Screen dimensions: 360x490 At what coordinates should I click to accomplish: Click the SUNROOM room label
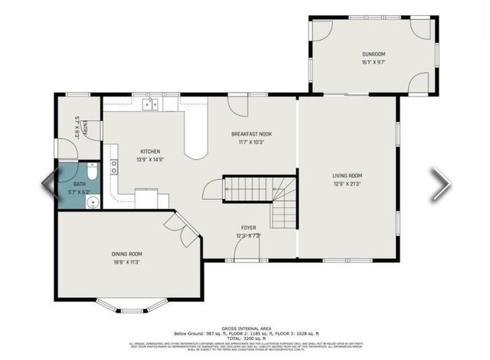(x=374, y=54)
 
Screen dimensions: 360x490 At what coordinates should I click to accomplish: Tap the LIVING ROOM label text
(x=347, y=175)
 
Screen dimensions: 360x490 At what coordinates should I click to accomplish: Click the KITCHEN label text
(x=149, y=152)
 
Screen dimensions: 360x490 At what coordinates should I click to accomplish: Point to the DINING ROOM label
(x=127, y=254)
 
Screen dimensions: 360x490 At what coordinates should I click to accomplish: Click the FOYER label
(x=249, y=227)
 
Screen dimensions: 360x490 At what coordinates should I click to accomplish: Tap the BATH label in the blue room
(x=80, y=185)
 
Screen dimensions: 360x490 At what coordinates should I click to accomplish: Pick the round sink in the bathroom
(x=92, y=202)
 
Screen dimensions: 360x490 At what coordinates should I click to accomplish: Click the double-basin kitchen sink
(x=154, y=104)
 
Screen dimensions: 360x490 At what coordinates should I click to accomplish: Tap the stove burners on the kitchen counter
(x=114, y=167)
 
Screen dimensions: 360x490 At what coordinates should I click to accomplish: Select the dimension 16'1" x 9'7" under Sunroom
(x=374, y=63)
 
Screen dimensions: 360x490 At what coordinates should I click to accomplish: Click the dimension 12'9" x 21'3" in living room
(x=347, y=184)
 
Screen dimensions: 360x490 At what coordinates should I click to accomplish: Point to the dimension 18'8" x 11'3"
(x=127, y=263)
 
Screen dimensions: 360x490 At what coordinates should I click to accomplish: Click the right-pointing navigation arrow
(x=441, y=184)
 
